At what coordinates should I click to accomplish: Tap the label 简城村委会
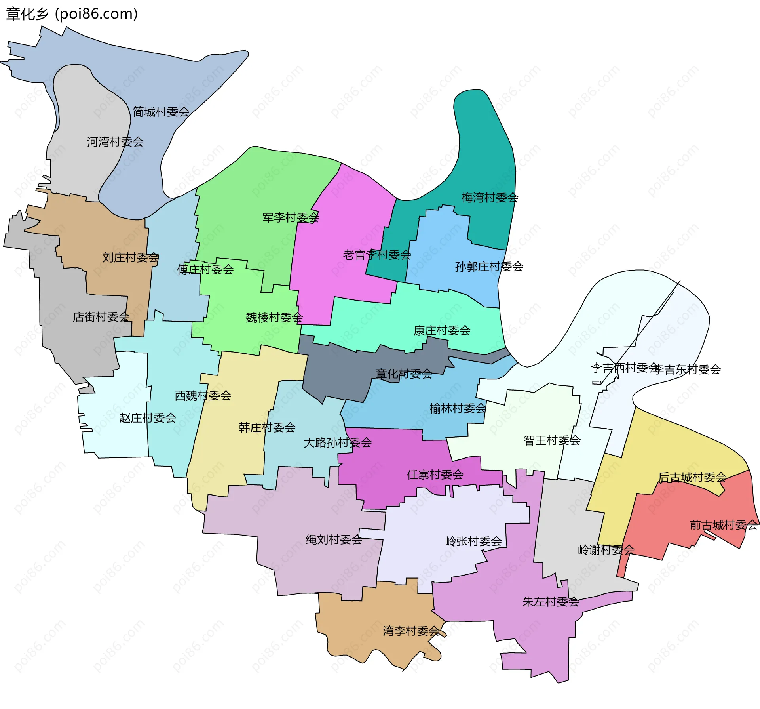[161, 112]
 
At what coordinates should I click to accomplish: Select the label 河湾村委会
[115, 142]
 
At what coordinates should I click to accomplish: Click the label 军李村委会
[291, 217]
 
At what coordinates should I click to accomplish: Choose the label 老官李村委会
[377, 255]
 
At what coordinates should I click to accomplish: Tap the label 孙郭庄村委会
[489, 267]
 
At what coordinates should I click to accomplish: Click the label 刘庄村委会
[131, 258]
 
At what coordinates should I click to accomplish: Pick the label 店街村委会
[101, 317]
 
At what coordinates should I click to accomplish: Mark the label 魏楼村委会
[274, 318]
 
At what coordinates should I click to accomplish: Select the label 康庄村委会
[442, 330]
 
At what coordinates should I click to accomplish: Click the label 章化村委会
[404, 374]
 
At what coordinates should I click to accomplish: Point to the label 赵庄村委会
[148, 418]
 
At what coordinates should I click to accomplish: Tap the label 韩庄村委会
[267, 427]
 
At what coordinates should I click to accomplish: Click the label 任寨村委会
[435, 475]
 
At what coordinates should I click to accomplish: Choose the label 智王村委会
[552, 440]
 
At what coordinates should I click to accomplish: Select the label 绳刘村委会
[334, 539]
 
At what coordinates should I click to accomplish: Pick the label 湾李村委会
[411, 631]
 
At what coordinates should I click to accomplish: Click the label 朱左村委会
[551, 602]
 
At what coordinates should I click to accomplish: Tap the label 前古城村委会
[723, 525]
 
